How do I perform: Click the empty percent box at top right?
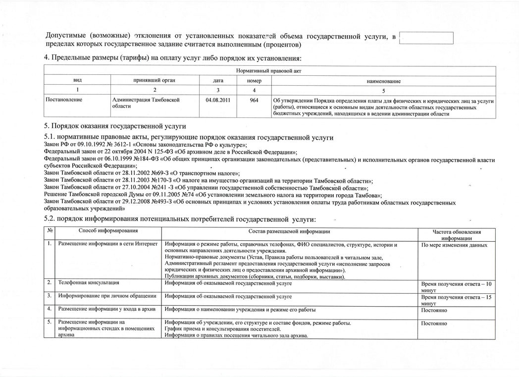[426, 38]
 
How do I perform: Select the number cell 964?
[254, 100]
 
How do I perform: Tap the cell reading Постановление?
[64, 100]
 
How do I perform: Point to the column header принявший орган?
[155, 80]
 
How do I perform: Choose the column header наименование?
[384, 81]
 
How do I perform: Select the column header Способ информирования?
[107, 231]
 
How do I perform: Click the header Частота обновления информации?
[457, 234]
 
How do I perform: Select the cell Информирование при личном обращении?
[107, 296]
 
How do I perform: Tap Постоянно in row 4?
[434, 310]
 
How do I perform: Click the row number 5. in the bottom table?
[50, 323]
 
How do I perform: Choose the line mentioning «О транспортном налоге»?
[142, 173]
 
